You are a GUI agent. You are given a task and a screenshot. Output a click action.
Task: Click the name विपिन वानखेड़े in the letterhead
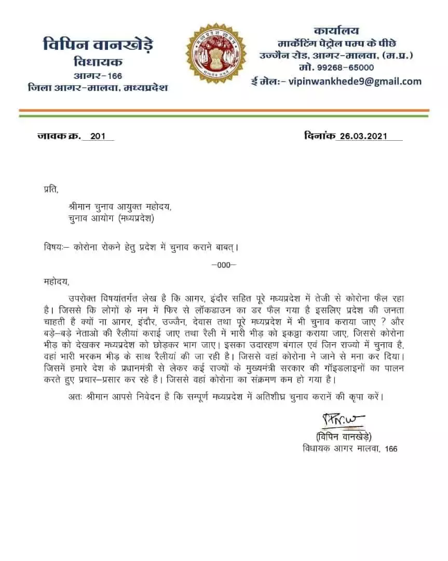pyautogui.click(x=98, y=45)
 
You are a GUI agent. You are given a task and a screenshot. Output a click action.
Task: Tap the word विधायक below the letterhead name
pyautogui.click(x=98, y=62)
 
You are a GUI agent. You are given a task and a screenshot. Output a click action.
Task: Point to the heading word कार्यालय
pyautogui.click(x=336, y=31)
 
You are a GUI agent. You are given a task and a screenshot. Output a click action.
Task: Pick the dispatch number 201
pyautogui.click(x=98, y=137)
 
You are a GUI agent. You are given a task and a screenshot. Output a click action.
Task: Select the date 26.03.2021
pyautogui.click(x=364, y=137)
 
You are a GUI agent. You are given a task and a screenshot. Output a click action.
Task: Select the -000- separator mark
pyautogui.click(x=224, y=264)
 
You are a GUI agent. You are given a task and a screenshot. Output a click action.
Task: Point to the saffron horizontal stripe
pyautogui.click(x=224, y=111)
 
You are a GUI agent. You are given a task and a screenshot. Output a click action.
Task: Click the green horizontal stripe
pyautogui.click(x=224, y=115)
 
